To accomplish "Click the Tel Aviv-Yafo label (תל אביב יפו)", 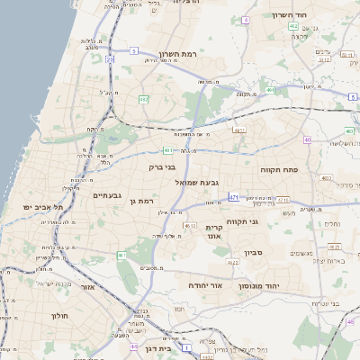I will pyautogui.click(x=44, y=207).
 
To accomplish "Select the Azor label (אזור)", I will pyautogui.click(x=87, y=287).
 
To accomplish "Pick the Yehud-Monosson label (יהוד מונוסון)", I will pyautogui.click(x=258, y=285).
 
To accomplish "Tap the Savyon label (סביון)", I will pyautogui.click(x=255, y=255).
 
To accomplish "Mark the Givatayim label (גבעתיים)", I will pyautogui.click(x=107, y=195).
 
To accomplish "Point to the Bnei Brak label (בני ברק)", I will pyautogui.click(x=163, y=166).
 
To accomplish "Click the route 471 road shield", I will pyautogui.click(x=234, y=197).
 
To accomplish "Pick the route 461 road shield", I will pyautogui.click(x=121, y=256).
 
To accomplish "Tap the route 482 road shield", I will pyautogui.click(x=144, y=100).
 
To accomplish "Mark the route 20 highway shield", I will pyautogui.click(x=110, y=59).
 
